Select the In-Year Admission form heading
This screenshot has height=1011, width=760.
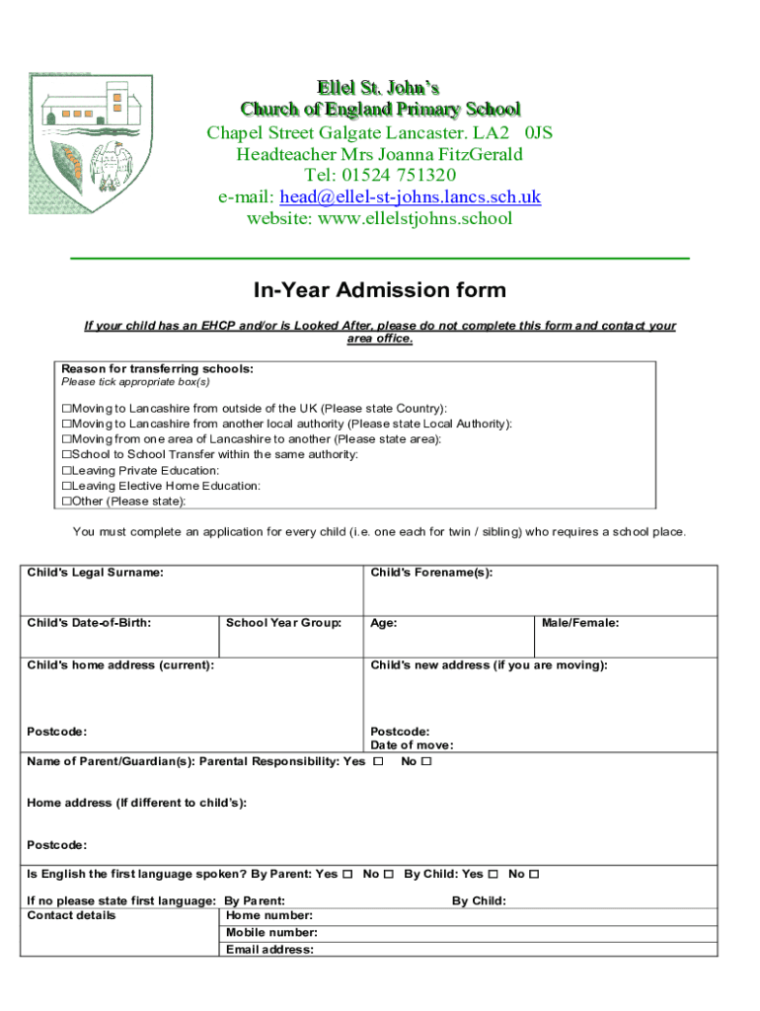click(380, 290)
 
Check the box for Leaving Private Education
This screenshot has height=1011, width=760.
click(67, 471)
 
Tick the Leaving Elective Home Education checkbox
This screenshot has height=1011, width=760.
click(67, 487)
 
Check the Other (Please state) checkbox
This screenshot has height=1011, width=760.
click(67, 502)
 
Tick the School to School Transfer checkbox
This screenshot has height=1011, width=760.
click(67, 455)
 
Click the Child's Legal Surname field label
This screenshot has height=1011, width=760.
click(96, 573)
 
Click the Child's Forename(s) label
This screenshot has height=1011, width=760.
click(431, 573)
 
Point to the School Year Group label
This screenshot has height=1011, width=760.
click(283, 623)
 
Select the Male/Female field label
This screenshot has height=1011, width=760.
click(580, 623)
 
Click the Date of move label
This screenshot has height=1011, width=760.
click(412, 745)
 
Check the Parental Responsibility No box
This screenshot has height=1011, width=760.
click(427, 762)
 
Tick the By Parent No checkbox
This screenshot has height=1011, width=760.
click(389, 874)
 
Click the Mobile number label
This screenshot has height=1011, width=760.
click(271, 933)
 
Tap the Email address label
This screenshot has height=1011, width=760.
click(269, 950)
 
